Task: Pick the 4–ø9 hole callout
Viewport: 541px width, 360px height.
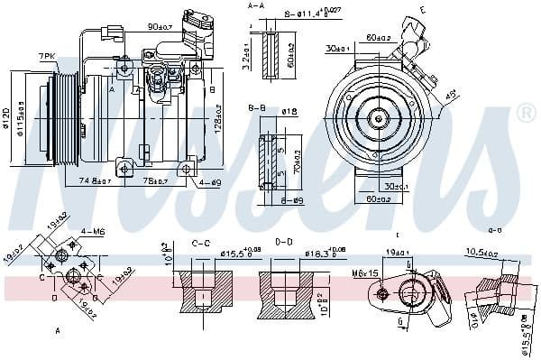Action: [209, 183]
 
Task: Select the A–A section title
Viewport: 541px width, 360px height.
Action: [257, 6]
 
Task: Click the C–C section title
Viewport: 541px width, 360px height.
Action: [202, 242]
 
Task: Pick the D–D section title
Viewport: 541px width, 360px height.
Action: [282, 242]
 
